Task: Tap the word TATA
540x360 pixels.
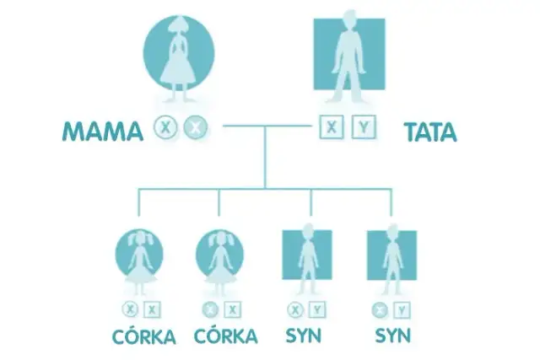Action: [429, 132]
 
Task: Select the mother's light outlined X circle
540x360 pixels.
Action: [167, 128]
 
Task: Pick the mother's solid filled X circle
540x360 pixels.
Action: [196, 128]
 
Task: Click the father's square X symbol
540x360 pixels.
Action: [332, 128]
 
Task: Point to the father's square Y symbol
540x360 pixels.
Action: [362, 128]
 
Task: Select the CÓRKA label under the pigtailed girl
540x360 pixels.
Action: [143, 337]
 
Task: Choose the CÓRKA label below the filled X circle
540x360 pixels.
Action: [225, 337]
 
